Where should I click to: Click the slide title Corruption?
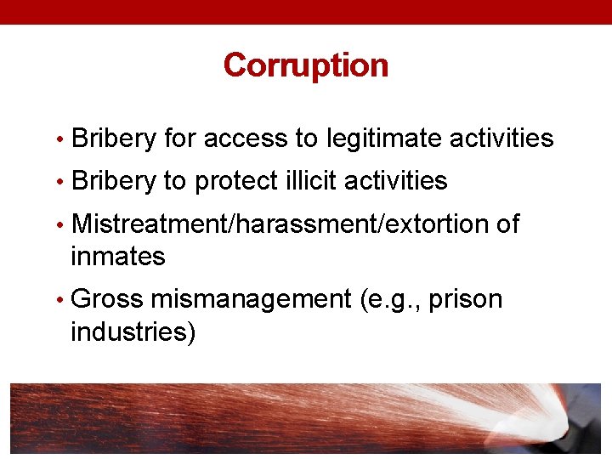click(x=305, y=65)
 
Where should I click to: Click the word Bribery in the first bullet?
click(x=114, y=139)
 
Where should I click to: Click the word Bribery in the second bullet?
click(x=114, y=181)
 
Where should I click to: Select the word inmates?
click(x=118, y=256)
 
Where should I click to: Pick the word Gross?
click(x=107, y=299)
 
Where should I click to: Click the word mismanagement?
click(x=251, y=299)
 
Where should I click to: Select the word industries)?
click(x=133, y=331)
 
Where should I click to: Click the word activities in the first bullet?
click(x=501, y=139)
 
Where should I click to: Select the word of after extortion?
click(x=507, y=224)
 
